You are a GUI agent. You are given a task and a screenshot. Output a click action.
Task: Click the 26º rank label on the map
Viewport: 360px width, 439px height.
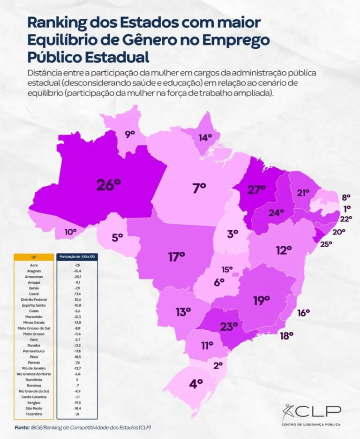[x=109, y=184]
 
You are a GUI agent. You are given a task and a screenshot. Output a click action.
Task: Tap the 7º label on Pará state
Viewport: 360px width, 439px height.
[x=199, y=188]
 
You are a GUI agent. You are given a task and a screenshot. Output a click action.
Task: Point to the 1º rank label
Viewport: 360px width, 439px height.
[x=347, y=208]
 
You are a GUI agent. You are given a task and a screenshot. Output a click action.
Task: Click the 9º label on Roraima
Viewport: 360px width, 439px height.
[x=130, y=134]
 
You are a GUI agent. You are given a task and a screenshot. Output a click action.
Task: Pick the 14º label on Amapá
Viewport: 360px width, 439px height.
[x=205, y=137]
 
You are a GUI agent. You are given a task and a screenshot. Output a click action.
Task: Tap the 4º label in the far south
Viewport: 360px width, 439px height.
[x=196, y=384]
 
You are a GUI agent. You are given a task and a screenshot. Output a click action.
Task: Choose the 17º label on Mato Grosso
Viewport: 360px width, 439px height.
[x=177, y=257]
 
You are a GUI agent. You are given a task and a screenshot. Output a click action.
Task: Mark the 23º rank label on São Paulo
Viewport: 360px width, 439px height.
[x=229, y=326]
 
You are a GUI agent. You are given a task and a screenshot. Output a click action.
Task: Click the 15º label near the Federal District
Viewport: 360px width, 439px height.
[x=227, y=269]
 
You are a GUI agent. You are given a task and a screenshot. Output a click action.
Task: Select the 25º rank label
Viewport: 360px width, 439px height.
[x=326, y=243]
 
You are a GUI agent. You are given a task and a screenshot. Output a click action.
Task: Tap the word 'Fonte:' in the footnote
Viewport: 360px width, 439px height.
[x=22, y=428]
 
